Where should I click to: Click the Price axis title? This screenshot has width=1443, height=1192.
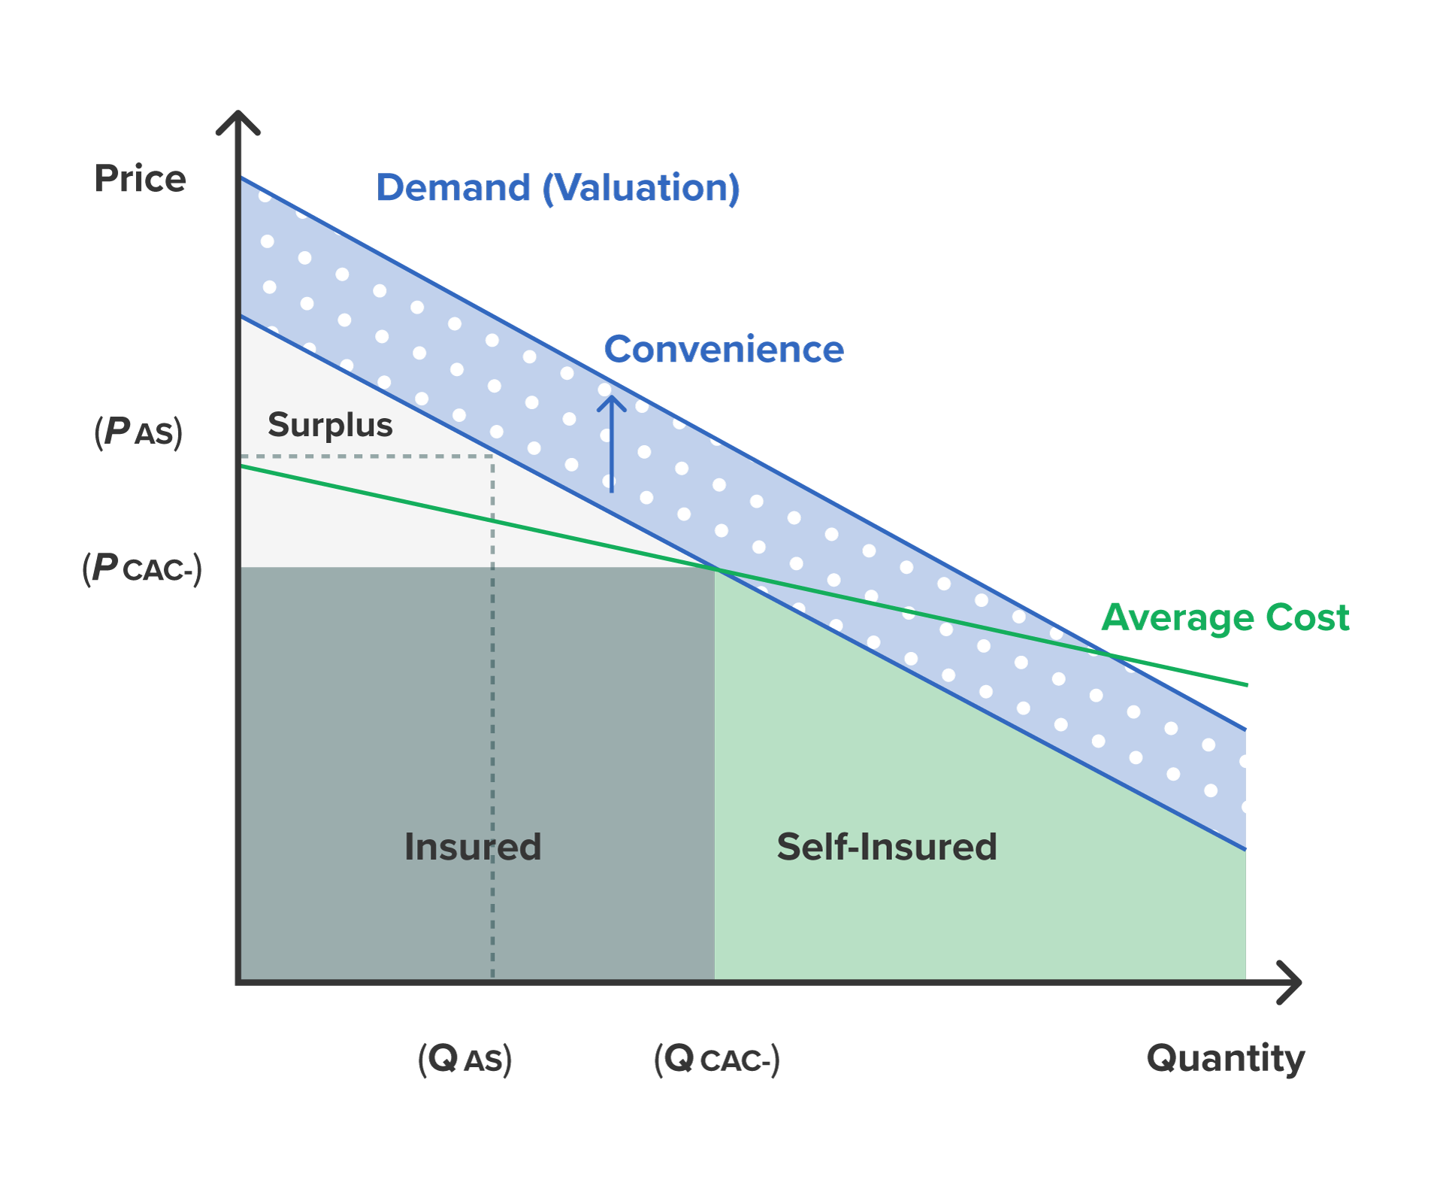[140, 179]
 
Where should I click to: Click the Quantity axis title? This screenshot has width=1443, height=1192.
[1225, 1058]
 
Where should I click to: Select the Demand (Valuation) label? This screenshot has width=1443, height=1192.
[558, 187]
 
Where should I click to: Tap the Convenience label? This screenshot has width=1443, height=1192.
[724, 349]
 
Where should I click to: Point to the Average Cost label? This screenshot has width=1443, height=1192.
[1225, 617]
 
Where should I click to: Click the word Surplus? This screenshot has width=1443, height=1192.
[330, 425]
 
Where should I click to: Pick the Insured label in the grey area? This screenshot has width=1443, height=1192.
[472, 847]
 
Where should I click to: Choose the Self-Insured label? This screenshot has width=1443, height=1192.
[887, 847]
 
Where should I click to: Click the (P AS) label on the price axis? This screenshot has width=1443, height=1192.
[138, 432]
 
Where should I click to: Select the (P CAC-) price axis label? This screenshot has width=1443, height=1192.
[142, 569]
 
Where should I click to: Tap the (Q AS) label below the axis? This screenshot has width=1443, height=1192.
[464, 1059]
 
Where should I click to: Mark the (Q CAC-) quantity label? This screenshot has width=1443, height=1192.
[716, 1059]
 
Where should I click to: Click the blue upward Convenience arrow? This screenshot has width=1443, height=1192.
[612, 444]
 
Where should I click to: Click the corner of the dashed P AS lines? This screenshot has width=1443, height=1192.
[493, 456]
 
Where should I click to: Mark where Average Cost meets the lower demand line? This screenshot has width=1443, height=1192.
[716, 569]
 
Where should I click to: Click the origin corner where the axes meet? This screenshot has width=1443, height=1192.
[239, 981]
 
